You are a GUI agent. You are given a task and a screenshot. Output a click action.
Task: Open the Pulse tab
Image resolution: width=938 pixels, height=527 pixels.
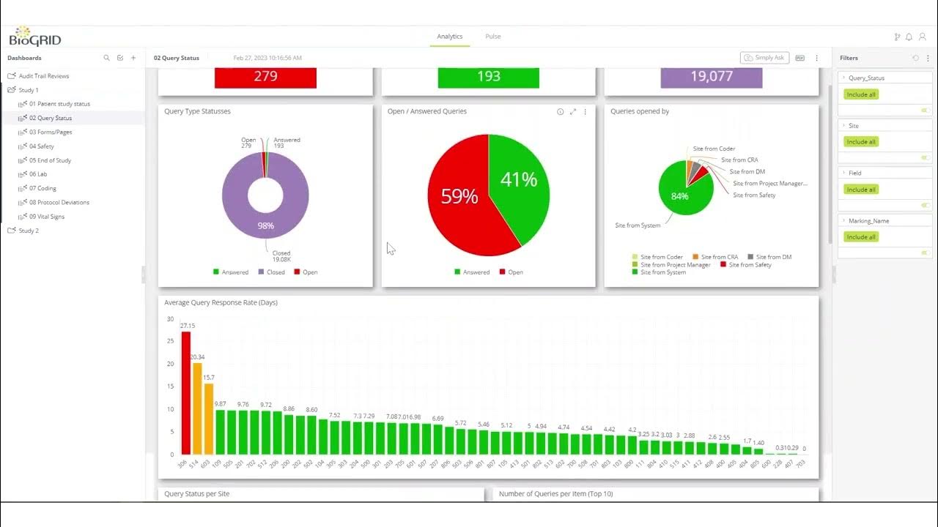pyautogui.click(x=493, y=37)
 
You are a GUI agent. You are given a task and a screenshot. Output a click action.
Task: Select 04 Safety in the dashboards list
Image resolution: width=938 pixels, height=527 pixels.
pyautogui.click(x=41, y=146)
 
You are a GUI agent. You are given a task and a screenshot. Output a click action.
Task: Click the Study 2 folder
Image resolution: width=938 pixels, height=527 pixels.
pyautogui.click(x=28, y=231)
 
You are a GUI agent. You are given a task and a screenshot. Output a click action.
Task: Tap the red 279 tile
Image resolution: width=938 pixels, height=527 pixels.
pyautogui.click(x=265, y=76)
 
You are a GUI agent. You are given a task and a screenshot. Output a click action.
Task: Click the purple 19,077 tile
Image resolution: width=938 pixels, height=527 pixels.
pyautogui.click(x=711, y=76)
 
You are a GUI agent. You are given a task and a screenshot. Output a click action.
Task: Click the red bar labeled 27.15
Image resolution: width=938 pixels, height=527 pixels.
pyautogui.click(x=186, y=393)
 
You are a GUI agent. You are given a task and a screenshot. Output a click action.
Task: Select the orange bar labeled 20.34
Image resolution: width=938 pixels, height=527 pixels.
pyautogui.click(x=197, y=408)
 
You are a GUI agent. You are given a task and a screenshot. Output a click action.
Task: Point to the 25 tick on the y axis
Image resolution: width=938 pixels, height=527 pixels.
pyautogui.click(x=170, y=341)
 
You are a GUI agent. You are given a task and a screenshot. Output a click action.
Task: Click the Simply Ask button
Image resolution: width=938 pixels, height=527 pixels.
pyautogui.click(x=764, y=58)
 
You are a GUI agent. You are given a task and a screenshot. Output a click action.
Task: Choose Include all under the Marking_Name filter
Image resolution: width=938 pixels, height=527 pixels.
pyautogui.click(x=861, y=237)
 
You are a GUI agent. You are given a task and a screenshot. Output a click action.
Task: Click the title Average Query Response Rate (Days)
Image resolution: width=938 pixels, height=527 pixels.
pyautogui.click(x=221, y=302)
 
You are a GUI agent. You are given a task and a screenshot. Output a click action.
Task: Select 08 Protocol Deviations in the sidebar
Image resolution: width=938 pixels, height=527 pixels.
pyautogui.click(x=59, y=203)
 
